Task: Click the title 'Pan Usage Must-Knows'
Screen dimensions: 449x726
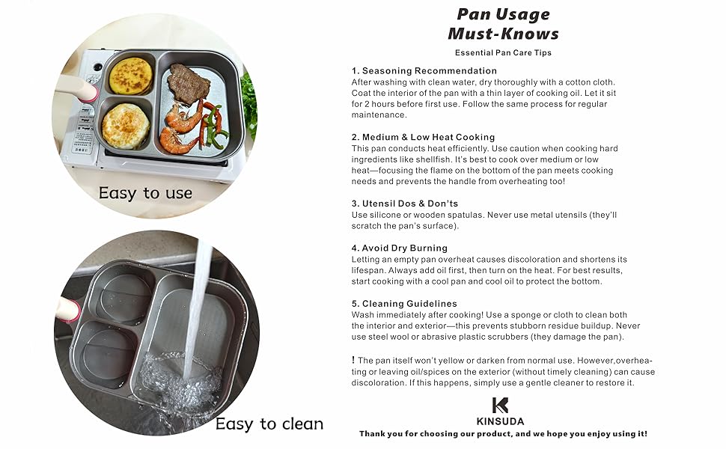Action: tap(503, 24)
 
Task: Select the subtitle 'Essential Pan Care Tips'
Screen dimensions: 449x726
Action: tap(503, 53)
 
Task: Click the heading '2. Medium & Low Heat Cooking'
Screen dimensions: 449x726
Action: tap(424, 137)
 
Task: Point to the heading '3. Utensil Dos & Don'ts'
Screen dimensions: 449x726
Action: tap(405, 204)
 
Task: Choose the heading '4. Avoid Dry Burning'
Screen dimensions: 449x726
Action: tap(400, 248)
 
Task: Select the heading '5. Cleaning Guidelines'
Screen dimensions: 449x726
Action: tap(404, 304)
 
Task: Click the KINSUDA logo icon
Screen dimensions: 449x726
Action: tap(501, 406)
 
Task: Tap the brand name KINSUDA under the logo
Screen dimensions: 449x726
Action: tap(501, 421)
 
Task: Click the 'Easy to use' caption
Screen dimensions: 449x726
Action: tap(145, 193)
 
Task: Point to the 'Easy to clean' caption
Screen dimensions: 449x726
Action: tap(269, 424)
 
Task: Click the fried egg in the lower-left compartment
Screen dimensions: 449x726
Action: tap(126, 125)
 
